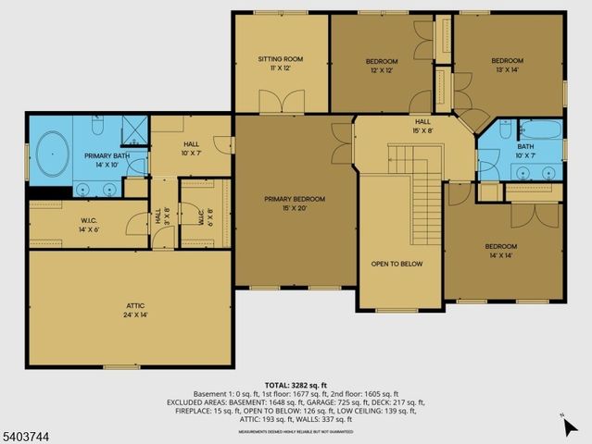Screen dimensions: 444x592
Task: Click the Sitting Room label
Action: coord(280,64)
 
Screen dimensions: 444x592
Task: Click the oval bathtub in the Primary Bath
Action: coord(54,153)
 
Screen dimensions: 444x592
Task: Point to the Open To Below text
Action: coord(397,264)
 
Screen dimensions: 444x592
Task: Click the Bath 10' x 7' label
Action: coord(524,151)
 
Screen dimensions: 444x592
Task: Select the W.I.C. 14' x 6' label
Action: coord(82,224)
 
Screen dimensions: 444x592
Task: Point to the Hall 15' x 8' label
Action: coord(422,126)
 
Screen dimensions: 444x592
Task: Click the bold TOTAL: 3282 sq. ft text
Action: coord(296,383)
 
